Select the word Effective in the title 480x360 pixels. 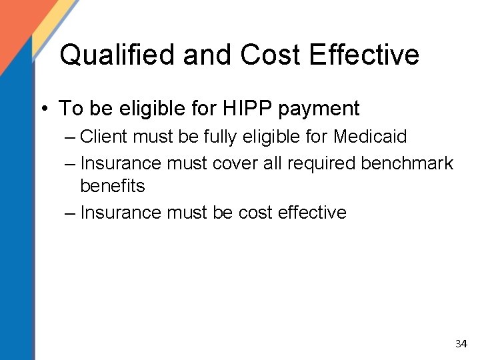pos(363,55)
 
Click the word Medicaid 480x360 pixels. pos(370,137)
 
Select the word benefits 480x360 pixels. pos(112,186)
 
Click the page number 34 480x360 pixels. pos(461,344)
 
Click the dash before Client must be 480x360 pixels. pos(71,138)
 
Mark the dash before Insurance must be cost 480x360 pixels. pos(71,213)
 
